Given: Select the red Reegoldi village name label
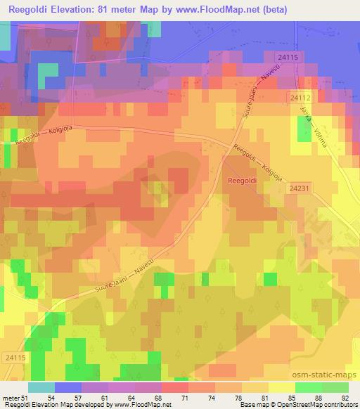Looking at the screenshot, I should click(x=244, y=181).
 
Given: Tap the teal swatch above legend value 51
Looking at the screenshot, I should click(x=41, y=387).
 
